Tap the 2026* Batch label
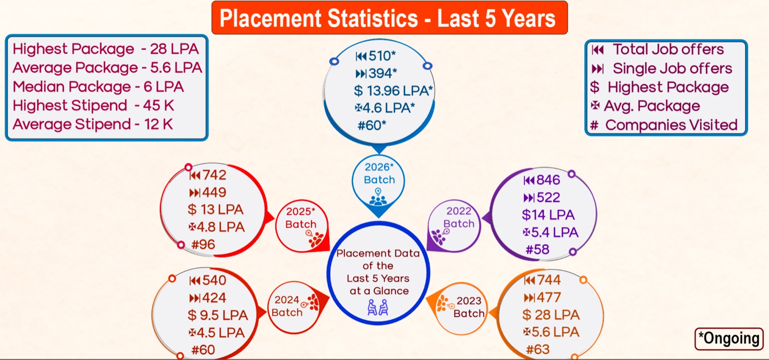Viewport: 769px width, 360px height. [x=379, y=174]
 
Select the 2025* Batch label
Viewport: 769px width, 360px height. [x=301, y=218]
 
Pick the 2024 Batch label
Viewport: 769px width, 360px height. [x=287, y=306]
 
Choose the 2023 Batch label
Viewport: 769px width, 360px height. [x=469, y=307]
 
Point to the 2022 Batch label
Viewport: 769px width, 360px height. [x=459, y=217]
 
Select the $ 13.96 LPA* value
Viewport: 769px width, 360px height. [x=393, y=91]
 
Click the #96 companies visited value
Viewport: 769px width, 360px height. [x=203, y=245]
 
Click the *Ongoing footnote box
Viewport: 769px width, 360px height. [x=729, y=338]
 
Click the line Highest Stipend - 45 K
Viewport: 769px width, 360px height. [x=93, y=106]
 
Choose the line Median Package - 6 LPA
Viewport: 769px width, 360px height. [x=98, y=87]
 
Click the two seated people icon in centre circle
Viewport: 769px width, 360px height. [x=378, y=308]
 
